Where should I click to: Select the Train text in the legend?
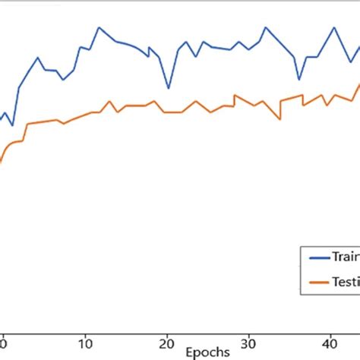[x=346, y=257]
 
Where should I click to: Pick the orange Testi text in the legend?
[x=346, y=282]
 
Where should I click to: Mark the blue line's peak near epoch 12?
[x=99, y=27]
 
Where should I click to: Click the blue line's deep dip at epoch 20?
[x=168, y=88]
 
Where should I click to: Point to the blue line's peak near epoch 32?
[x=266, y=27]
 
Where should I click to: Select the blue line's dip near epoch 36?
[x=298, y=79]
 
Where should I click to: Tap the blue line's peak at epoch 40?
[x=333, y=27]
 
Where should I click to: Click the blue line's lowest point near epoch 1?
[x=12, y=125]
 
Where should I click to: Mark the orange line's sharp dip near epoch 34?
[x=280, y=118]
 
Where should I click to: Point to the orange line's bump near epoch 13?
[x=110, y=101]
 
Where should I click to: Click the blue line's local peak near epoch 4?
[x=38, y=57]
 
